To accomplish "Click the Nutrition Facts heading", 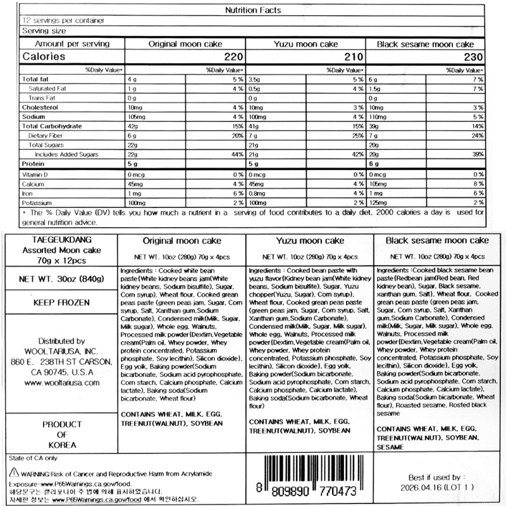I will click(x=253, y=10).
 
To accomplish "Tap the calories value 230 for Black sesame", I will click(x=475, y=56).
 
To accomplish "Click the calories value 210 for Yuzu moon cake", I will click(x=355, y=56).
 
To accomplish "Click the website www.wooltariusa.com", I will click(x=63, y=383).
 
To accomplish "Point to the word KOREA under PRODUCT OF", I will click(x=62, y=445).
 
